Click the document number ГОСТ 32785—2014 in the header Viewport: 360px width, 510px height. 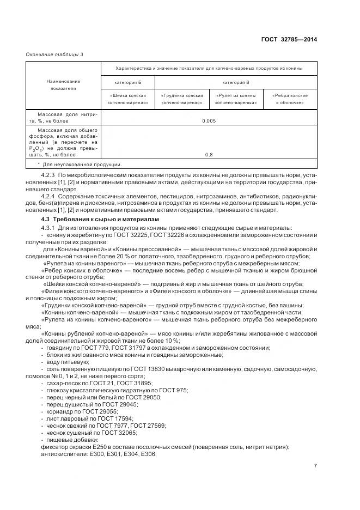(290, 39)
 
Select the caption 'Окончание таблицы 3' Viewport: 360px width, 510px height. (54, 54)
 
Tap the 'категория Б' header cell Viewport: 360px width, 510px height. (128, 81)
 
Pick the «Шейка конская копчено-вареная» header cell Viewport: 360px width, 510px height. (128, 99)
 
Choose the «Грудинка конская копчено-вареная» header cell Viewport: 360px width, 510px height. (182, 99)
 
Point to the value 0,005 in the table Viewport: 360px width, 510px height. (209, 120)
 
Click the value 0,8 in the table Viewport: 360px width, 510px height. (209, 155)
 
